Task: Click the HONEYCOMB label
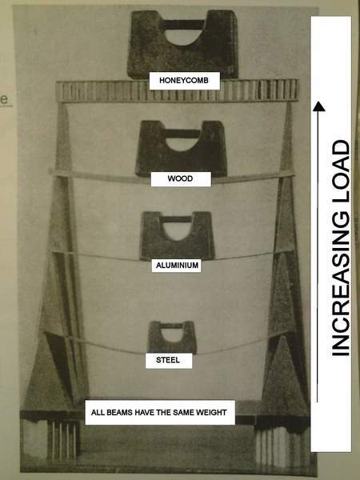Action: (x=184, y=81)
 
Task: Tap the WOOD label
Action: (x=180, y=178)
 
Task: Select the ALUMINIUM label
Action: (x=178, y=265)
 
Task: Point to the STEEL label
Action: (x=168, y=360)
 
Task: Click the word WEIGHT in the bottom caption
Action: (x=211, y=412)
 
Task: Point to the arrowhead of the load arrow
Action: (x=318, y=106)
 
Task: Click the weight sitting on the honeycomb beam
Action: (x=182, y=44)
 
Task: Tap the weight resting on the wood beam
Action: (x=182, y=149)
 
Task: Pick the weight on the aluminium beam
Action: (x=178, y=236)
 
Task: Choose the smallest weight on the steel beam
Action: (x=172, y=338)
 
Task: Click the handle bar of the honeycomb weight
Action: (x=182, y=25)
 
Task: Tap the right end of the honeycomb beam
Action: (x=298, y=90)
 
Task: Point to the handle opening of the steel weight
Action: (x=172, y=334)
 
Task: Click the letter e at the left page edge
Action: (x=5, y=99)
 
